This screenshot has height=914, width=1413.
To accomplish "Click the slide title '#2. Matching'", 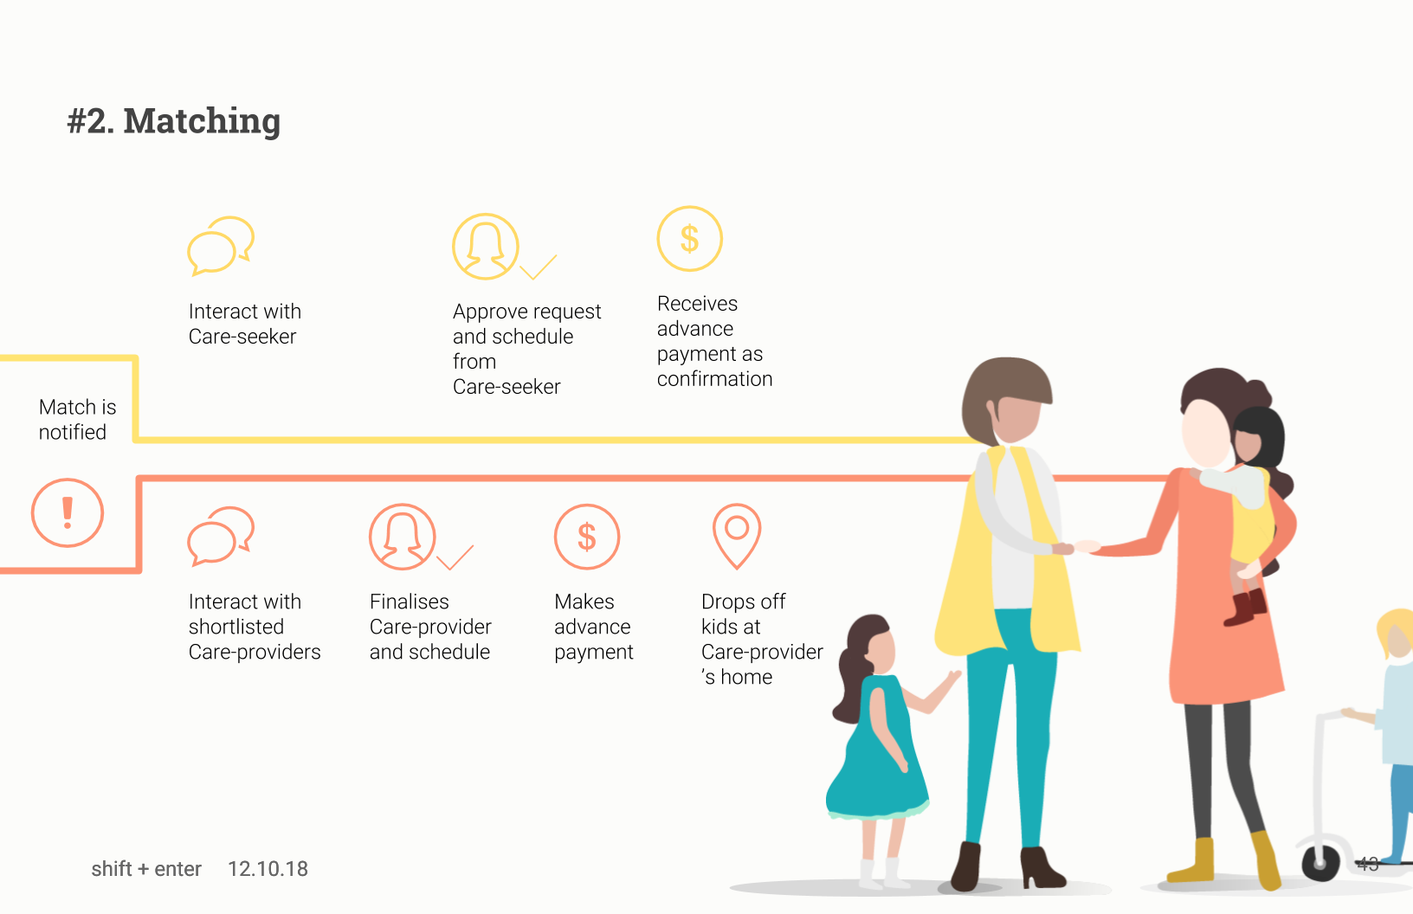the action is click(173, 120).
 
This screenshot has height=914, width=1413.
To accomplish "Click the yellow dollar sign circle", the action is click(689, 238).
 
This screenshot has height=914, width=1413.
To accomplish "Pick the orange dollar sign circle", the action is click(587, 536).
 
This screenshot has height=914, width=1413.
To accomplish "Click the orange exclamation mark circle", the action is click(68, 512).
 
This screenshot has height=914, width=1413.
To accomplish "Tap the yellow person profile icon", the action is click(485, 246).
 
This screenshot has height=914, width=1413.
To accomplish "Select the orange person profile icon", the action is click(402, 536).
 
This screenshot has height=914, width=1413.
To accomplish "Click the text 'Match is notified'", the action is click(78, 420).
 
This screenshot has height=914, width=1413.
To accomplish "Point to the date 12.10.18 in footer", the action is click(268, 869).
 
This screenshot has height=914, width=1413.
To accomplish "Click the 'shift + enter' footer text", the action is click(146, 869).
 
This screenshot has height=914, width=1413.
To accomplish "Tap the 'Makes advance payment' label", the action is click(594, 627).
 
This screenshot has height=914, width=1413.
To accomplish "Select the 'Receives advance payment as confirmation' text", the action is click(714, 341).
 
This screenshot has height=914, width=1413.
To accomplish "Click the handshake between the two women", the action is click(1075, 547).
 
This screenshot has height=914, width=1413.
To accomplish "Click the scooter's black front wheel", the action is click(1320, 862).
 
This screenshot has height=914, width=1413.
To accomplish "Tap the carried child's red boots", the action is click(1245, 607).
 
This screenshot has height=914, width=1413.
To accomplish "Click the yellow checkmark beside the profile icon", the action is click(538, 267).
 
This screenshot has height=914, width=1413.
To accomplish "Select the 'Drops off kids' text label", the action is click(743, 614).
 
